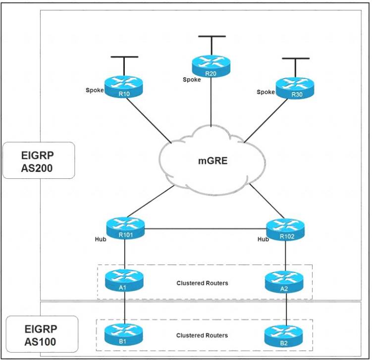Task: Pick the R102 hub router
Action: click(285, 229)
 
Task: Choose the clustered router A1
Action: click(124, 280)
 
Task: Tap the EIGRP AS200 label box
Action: click(39, 160)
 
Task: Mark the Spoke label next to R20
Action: click(192, 79)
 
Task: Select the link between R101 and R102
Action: click(206, 229)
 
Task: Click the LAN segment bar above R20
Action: click(212, 36)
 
